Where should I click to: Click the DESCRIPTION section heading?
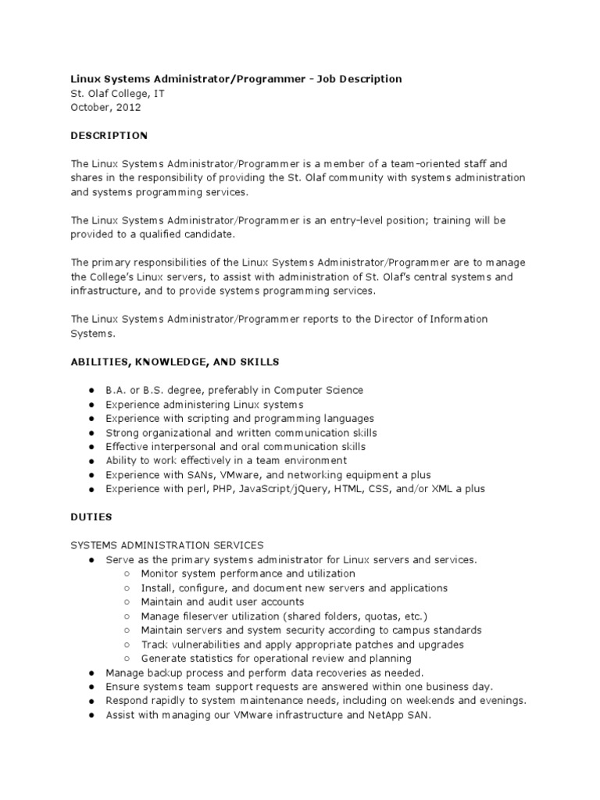pyautogui.click(x=109, y=136)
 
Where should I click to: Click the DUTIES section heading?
pyautogui.click(x=91, y=517)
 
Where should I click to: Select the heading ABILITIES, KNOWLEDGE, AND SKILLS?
pyautogui.click(x=175, y=362)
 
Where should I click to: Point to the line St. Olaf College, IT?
pyautogui.click(x=117, y=94)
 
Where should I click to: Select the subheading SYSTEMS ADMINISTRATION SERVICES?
pyautogui.click(x=167, y=545)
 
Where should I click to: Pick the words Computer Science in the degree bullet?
pyautogui.click(x=320, y=390)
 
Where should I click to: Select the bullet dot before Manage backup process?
pyautogui.click(x=91, y=673)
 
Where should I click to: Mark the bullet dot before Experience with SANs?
pyautogui.click(x=91, y=475)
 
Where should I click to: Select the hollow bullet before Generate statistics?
pyautogui.click(x=127, y=659)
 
